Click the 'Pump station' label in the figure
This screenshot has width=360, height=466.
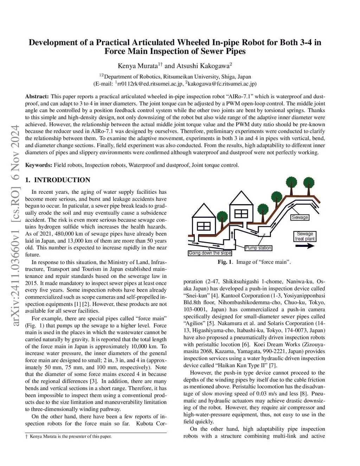tap(258, 248)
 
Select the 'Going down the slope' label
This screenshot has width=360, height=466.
tap(210, 253)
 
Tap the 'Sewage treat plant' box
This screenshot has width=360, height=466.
tap(305, 236)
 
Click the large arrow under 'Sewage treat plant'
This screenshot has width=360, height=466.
tap(305, 246)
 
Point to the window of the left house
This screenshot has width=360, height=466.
tap(204, 226)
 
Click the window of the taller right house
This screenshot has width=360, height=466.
tap(241, 213)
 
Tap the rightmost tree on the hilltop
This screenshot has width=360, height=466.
tap(309, 183)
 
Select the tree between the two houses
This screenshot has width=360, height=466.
tap(222, 217)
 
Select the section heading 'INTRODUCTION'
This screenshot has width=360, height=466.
tap(62, 180)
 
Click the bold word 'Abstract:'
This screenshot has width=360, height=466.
tap(37, 96)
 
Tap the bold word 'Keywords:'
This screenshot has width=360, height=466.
tap(39, 165)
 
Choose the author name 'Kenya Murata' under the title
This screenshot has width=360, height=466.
tap(137, 66)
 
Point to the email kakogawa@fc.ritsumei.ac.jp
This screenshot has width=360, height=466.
tap(221, 84)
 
